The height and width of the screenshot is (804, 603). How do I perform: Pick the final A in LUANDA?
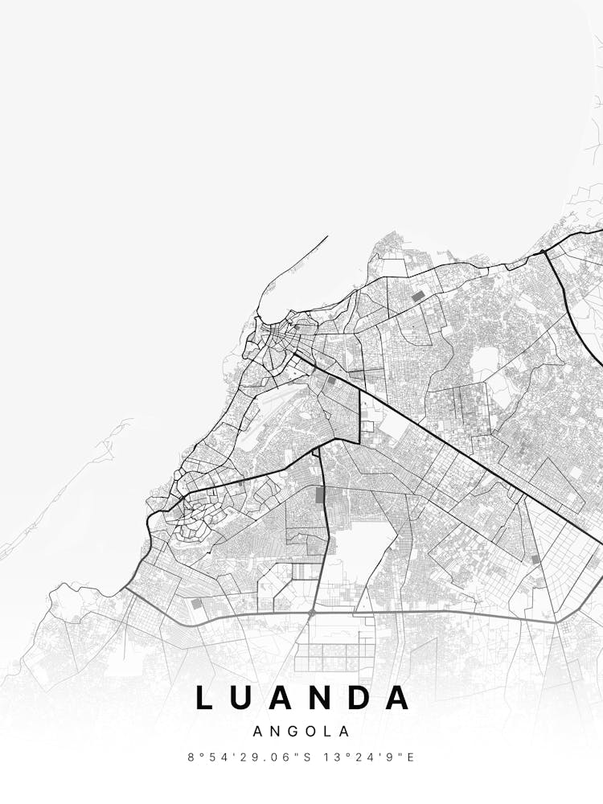tap(399, 698)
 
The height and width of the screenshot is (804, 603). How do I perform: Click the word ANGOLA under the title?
tap(301, 732)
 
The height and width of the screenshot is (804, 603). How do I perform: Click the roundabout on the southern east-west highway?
tap(312, 613)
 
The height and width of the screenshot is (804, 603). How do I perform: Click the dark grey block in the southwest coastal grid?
tap(196, 603)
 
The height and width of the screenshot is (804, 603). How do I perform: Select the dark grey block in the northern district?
tap(417, 297)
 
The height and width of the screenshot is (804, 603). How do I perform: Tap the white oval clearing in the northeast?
tap(484, 363)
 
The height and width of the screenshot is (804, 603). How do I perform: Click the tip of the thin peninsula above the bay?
tap(327, 236)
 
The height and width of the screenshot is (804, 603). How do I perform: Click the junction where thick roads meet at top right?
tap(544, 252)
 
